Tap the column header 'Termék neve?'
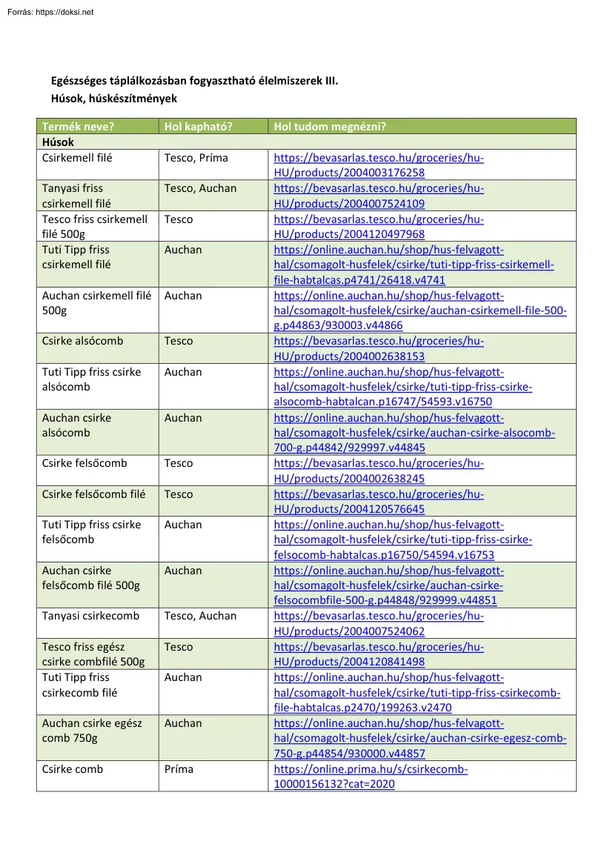pos(78,127)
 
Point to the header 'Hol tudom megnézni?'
pos(330,127)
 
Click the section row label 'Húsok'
pos(58,142)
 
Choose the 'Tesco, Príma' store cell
pos(196,158)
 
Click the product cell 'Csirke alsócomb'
pos(83,341)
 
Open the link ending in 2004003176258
pos(379,165)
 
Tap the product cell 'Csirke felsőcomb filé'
pos(94,494)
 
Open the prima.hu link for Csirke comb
pos(371,777)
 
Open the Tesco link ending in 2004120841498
pos(379,654)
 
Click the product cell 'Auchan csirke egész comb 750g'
pos(92,731)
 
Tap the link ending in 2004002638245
pos(379,471)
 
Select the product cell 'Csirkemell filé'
pos(78,158)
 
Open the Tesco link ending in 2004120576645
pos(379,502)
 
